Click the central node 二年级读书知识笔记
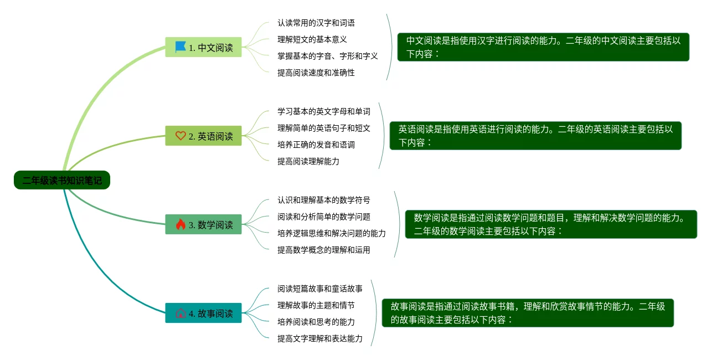pos(62,180)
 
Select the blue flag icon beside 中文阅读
pos(180,47)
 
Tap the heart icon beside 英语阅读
pos(180,136)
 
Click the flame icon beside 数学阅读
pos(180,224)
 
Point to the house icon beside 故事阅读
pos(180,313)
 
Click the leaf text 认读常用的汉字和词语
pos(316,23)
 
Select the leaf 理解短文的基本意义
pos(312,39)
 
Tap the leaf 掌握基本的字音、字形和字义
pos(327,56)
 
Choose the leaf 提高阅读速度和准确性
pos(316,73)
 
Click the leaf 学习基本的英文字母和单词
pos(323,111)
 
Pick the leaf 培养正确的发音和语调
pos(316,145)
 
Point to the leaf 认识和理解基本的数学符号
pos(323,200)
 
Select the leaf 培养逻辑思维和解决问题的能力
pos(331,233)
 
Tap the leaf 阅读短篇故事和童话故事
pos(319,289)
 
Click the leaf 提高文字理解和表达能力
pos(319,338)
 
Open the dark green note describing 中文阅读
pos(543,47)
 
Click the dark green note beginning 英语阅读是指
pos(535,136)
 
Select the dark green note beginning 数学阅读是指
pos(551,224)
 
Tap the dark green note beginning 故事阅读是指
pos(528,313)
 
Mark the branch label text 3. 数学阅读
pos(210,225)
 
